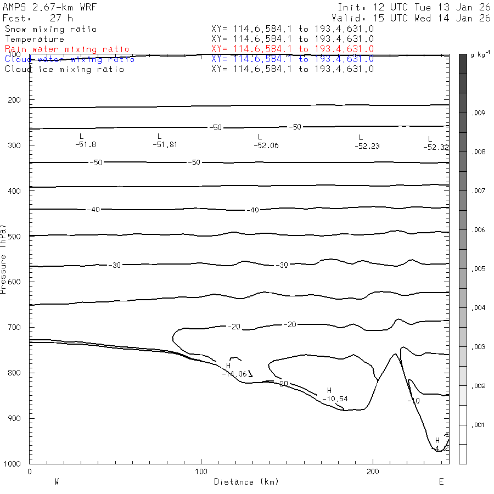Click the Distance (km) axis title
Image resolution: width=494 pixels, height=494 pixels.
coord(246,482)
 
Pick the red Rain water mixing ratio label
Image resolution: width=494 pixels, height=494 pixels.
coord(67,49)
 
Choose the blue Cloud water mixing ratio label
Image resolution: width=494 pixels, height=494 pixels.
coord(70,59)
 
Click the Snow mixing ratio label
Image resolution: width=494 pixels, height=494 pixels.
coord(50,29)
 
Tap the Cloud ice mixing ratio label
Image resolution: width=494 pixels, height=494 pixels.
coord(65,69)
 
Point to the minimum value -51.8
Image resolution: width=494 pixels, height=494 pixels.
coord(86,144)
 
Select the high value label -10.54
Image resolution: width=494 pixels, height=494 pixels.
coord(335,398)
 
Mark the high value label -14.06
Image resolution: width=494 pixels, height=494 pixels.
coord(234,374)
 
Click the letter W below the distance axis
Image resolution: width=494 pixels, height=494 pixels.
coord(57,481)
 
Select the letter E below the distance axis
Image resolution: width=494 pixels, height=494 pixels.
coord(441,481)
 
